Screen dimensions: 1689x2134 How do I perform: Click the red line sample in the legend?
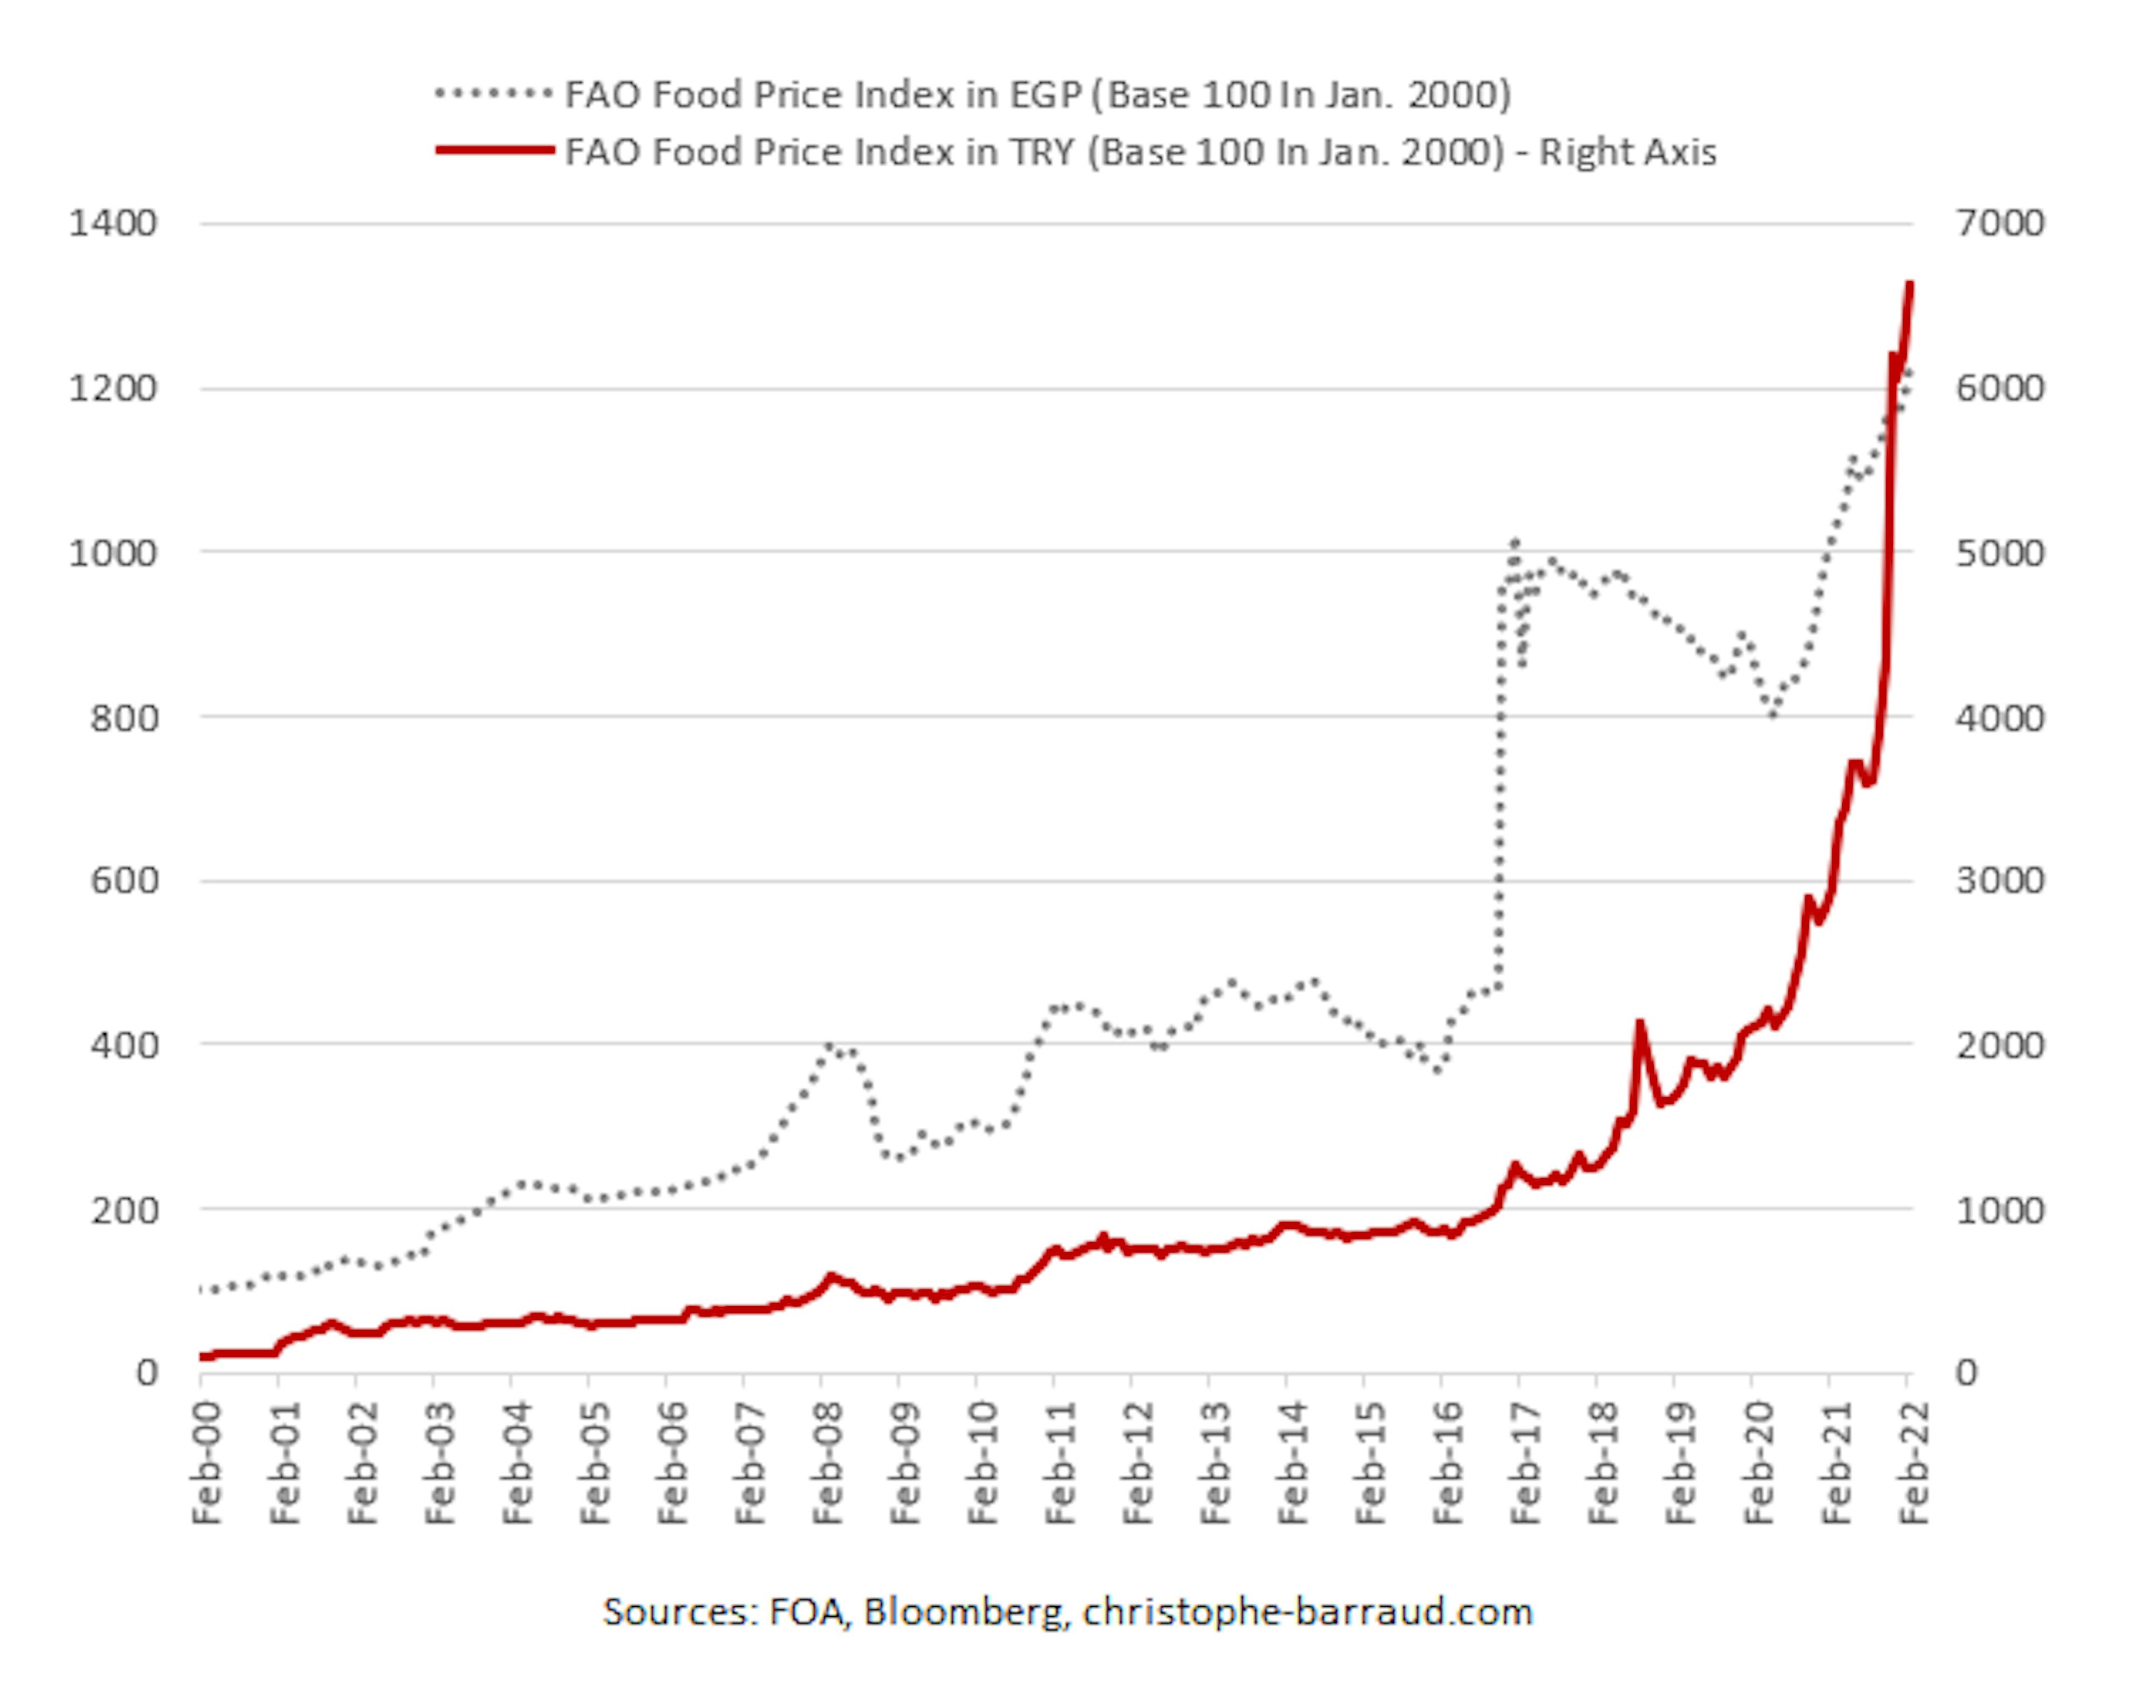point(495,150)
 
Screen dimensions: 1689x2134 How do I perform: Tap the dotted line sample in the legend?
point(495,94)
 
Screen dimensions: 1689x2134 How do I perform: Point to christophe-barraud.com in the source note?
point(1307,1612)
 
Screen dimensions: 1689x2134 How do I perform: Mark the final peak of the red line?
point(1908,285)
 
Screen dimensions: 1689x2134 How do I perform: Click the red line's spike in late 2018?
point(1639,1024)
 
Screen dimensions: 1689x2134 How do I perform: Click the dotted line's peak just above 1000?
point(1514,542)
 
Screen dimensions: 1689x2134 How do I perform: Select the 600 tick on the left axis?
point(123,880)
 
